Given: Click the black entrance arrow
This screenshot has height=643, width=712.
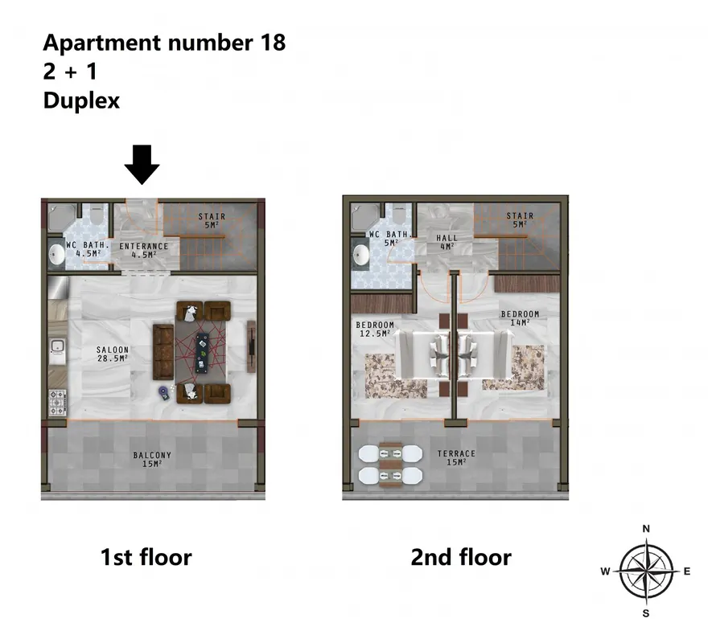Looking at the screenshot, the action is click(142, 164).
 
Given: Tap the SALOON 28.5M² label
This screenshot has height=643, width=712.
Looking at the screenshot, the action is click(112, 354).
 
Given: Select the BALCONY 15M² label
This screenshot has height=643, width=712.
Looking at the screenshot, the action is click(152, 459).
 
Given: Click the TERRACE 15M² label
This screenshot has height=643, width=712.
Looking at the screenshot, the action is click(456, 458).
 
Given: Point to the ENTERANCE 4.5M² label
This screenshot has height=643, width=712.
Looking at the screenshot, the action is click(143, 251).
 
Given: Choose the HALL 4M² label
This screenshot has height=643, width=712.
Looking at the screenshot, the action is click(447, 242).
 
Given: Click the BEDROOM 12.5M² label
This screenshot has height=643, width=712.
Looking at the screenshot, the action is click(375, 329).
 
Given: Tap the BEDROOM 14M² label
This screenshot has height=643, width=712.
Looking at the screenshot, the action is click(520, 318).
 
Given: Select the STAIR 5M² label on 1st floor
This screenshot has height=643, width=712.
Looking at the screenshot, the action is click(212, 220).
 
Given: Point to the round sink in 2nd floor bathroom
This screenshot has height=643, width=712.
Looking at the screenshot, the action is click(360, 255).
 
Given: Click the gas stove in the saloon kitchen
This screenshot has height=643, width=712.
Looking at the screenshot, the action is click(57, 403).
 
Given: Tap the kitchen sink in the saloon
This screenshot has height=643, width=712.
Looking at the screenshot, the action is click(57, 349).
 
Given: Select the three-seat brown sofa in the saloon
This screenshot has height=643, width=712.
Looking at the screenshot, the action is click(163, 352).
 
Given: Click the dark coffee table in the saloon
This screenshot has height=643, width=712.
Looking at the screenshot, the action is click(202, 353).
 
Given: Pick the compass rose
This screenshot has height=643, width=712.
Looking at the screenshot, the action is click(646, 571).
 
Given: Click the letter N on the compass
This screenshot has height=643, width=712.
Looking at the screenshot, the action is click(646, 529).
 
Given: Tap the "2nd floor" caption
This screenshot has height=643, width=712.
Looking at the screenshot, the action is click(461, 557).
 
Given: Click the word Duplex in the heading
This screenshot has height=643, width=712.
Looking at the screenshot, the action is click(81, 100).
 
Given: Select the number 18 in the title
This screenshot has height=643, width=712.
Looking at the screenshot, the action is click(273, 43).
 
